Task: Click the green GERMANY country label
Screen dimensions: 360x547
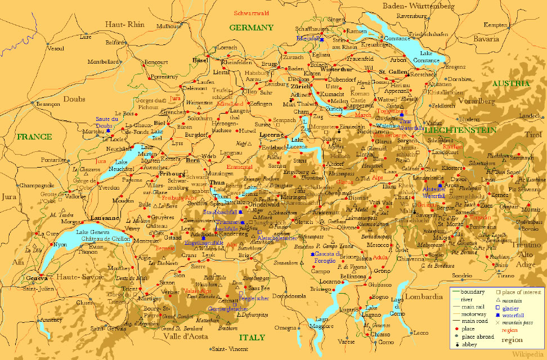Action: (x=251, y=28)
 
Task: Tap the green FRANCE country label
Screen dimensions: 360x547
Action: (x=34, y=137)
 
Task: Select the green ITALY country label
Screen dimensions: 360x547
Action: (x=252, y=337)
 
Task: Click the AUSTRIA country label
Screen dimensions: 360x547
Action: (x=511, y=83)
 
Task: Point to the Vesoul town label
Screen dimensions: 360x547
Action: (x=56, y=48)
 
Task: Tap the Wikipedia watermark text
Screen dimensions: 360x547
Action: (x=528, y=354)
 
